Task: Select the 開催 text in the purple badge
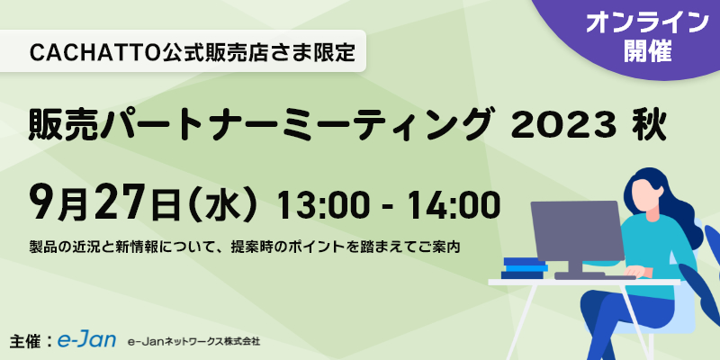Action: coord(648,51)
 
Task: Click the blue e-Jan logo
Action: coord(86,340)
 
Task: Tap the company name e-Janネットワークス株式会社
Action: coord(194,342)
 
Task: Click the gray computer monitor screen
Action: coord(577,230)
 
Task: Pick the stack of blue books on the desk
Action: coord(525,267)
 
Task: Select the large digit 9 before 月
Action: coord(40,202)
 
